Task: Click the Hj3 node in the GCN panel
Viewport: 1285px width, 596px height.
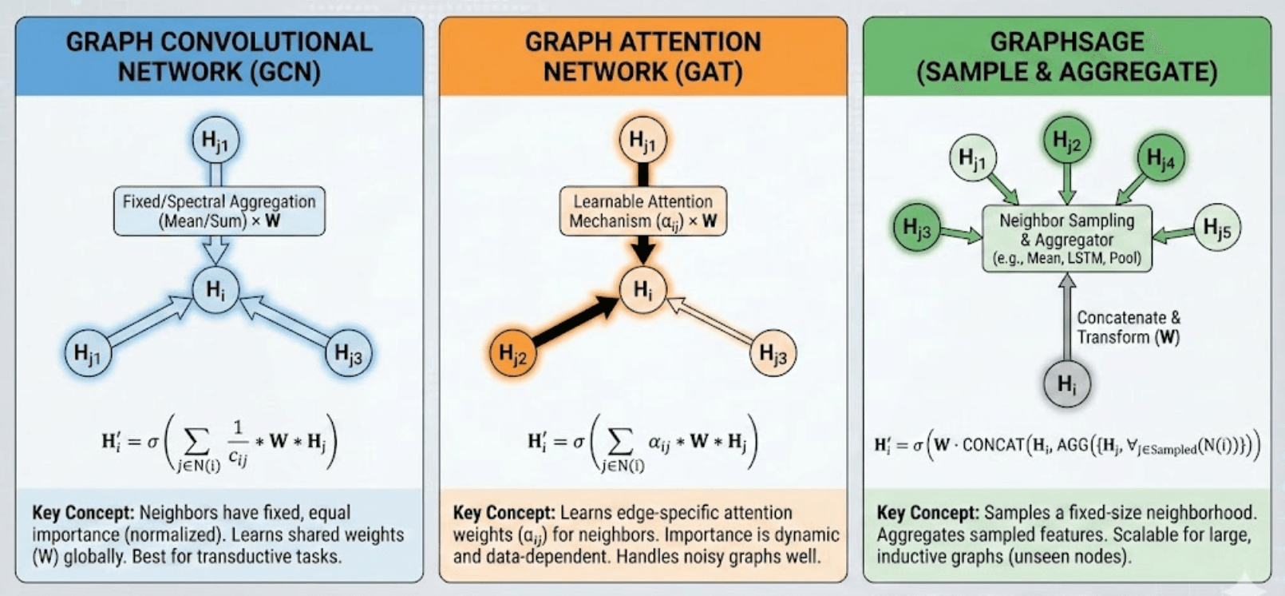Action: tap(348, 352)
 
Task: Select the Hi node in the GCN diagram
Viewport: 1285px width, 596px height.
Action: tap(215, 289)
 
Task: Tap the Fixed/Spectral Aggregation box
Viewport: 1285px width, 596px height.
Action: tap(219, 211)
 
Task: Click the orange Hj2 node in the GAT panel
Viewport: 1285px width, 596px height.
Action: tap(512, 352)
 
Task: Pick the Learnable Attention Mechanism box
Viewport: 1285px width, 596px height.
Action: tap(643, 211)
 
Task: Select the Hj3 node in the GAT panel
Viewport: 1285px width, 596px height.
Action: tap(773, 352)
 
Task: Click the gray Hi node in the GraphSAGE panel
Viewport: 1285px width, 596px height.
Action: tap(1066, 383)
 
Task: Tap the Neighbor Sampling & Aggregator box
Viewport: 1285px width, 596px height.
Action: tap(1067, 238)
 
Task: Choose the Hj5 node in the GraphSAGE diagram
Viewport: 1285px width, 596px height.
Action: tap(1216, 228)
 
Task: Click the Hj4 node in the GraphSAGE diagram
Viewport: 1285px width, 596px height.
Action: tap(1160, 157)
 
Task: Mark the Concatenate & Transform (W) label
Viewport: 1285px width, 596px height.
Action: tap(1129, 328)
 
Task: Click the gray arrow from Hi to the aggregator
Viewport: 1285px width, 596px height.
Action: tap(1066, 316)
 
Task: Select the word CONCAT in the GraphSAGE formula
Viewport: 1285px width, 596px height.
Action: tap(994, 445)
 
